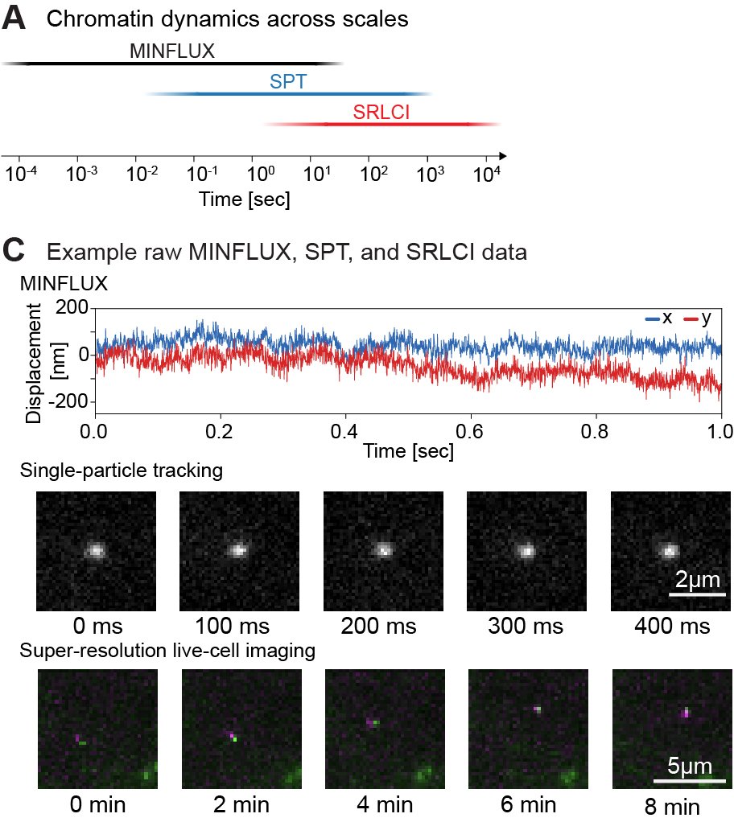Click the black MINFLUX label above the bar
click(x=172, y=51)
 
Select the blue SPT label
click(x=288, y=82)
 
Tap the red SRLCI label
click(x=381, y=113)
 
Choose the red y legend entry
click(x=697, y=319)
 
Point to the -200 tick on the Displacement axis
click(x=71, y=402)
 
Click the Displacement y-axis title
click(x=35, y=364)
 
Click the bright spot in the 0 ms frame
click(x=96, y=550)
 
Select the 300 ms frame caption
click(x=527, y=625)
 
